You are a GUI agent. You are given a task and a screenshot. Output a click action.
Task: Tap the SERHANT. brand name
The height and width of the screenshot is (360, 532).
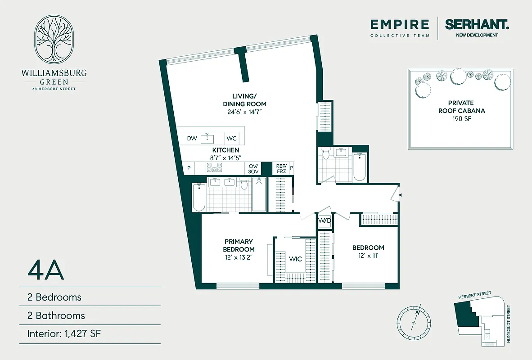point(477,24)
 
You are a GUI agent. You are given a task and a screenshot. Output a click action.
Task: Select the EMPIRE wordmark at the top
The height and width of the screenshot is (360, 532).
point(400,24)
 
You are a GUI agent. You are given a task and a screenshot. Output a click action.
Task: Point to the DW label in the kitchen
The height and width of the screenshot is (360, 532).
point(192,139)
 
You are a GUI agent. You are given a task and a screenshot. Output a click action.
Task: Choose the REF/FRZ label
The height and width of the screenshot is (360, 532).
point(281,169)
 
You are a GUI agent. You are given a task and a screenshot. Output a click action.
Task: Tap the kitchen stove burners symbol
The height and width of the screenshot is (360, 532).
point(214,168)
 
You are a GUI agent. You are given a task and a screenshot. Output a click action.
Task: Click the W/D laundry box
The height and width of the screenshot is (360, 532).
point(325,221)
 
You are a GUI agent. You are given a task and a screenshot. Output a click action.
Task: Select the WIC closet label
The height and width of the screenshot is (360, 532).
point(295,259)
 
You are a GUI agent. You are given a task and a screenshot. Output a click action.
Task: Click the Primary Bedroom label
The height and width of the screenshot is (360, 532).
point(239,245)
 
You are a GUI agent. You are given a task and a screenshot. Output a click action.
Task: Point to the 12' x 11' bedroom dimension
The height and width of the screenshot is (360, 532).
point(368,256)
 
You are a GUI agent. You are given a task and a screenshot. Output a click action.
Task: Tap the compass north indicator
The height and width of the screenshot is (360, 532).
point(417,312)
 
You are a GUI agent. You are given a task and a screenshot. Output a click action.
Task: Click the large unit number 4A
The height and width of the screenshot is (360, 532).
point(46,270)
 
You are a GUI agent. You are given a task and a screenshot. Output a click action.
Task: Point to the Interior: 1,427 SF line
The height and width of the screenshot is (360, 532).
point(66,334)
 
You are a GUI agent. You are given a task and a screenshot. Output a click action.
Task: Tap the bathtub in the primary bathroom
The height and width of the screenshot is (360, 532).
point(198,198)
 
